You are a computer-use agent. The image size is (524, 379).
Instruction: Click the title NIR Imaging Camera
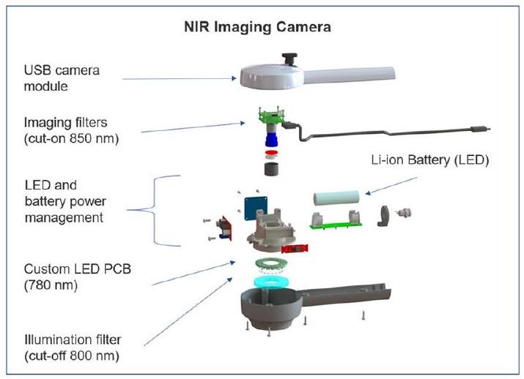click(x=257, y=29)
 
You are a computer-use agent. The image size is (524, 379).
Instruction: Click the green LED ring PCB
click(x=269, y=264)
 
